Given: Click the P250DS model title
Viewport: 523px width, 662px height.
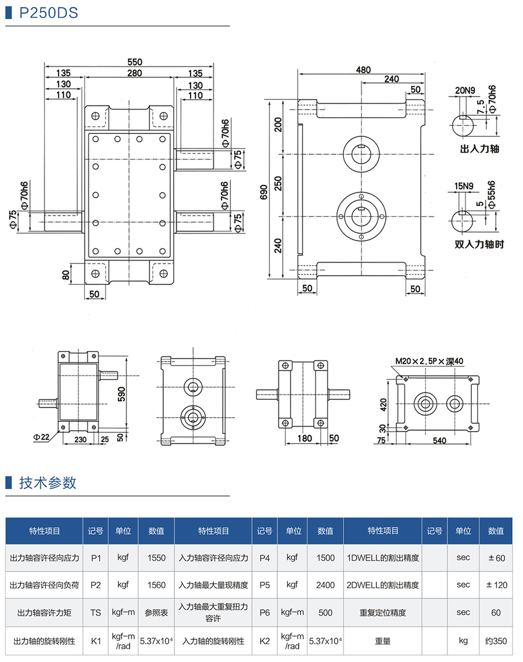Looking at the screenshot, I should [49, 13].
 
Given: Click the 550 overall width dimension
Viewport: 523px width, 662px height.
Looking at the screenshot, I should [134, 62].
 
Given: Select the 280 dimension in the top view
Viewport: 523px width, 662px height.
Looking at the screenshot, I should [134, 73].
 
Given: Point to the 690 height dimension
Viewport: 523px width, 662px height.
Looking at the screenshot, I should [263, 191].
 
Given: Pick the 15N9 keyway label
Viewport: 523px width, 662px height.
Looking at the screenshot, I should [464, 186].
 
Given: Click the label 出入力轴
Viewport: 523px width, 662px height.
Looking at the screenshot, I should [479, 149].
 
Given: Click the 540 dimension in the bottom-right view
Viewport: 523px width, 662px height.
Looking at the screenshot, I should [439, 441].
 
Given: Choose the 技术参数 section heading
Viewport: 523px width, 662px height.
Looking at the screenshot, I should [48, 483].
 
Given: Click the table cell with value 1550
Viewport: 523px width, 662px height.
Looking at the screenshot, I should [156, 558].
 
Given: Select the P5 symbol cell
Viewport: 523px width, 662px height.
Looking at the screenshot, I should [264, 585].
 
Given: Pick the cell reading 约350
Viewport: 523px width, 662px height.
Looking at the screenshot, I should [496, 641].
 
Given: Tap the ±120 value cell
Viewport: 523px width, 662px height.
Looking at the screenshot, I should [496, 585].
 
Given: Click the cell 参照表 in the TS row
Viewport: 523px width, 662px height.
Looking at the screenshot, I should [156, 612].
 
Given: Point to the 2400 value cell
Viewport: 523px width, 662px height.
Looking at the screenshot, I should [325, 585].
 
